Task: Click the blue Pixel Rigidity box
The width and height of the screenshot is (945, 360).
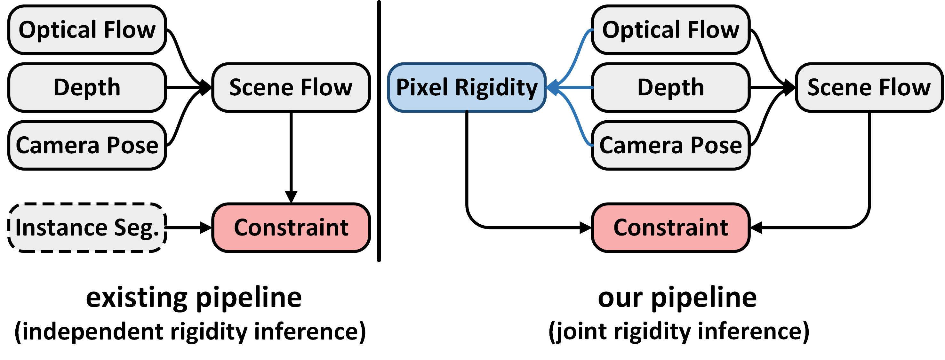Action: point(467,87)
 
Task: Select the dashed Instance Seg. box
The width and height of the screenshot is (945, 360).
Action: point(87,228)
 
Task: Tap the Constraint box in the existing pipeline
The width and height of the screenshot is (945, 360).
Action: point(291,228)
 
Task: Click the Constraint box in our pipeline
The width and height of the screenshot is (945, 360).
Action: point(671,228)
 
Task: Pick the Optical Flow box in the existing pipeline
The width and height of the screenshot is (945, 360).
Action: point(87,30)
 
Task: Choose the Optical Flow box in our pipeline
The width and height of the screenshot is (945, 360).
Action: point(671,30)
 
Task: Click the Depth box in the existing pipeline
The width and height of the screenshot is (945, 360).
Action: point(87,87)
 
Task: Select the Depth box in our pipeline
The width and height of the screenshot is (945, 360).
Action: point(671,87)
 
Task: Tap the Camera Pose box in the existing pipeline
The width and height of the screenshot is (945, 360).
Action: point(87,145)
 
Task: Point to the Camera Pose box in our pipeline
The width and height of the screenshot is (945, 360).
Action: point(671,145)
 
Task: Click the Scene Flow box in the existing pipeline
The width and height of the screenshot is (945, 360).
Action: point(291,87)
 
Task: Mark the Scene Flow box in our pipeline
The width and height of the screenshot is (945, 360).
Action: point(869,87)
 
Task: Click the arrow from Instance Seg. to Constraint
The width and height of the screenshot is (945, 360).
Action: point(187,228)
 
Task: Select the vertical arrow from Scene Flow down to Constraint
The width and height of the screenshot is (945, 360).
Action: point(291,154)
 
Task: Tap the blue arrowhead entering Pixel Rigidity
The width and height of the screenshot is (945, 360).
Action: point(552,88)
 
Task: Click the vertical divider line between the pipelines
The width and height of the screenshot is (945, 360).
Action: point(379,132)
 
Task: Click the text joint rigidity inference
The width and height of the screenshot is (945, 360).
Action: point(679,332)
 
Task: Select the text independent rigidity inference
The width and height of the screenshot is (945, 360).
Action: point(190,332)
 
